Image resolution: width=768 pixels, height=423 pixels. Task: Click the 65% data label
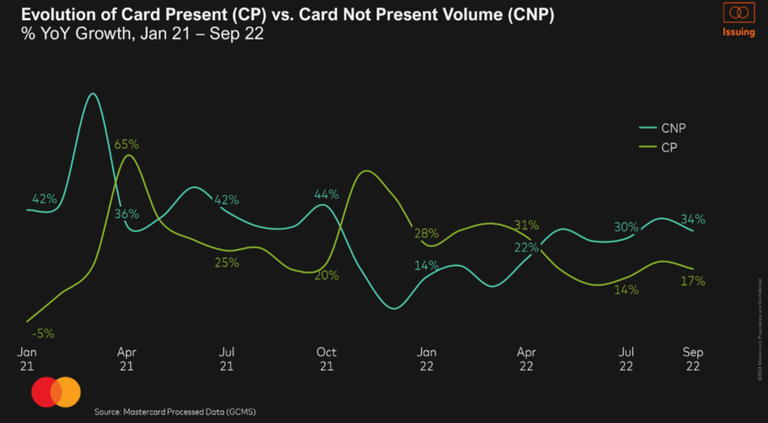[x=126, y=144]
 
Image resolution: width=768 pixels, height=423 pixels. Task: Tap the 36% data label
[x=127, y=214]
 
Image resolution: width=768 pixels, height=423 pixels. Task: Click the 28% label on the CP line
[x=427, y=233]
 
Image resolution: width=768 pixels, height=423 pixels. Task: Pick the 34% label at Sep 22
[x=692, y=219]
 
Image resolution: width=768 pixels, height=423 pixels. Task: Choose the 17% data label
[x=693, y=281]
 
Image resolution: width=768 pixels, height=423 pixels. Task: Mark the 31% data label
[x=526, y=226]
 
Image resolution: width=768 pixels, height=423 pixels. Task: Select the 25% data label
[x=227, y=262]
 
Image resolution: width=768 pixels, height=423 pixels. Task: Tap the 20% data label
[x=326, y=275]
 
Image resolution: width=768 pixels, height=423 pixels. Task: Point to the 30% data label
[x=626, y=227]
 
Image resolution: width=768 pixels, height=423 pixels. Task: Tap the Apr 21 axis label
[x=126, y=358]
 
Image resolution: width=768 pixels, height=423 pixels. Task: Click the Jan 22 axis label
[x=427, y=358]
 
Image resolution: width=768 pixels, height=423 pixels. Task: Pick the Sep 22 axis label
[x=692, y=358]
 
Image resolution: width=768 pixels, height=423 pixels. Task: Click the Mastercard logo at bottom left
[x=56, y=393]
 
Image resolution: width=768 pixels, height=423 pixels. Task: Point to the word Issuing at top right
[x=738, y=33]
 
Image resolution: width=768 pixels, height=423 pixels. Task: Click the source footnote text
[x=180, y=411]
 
